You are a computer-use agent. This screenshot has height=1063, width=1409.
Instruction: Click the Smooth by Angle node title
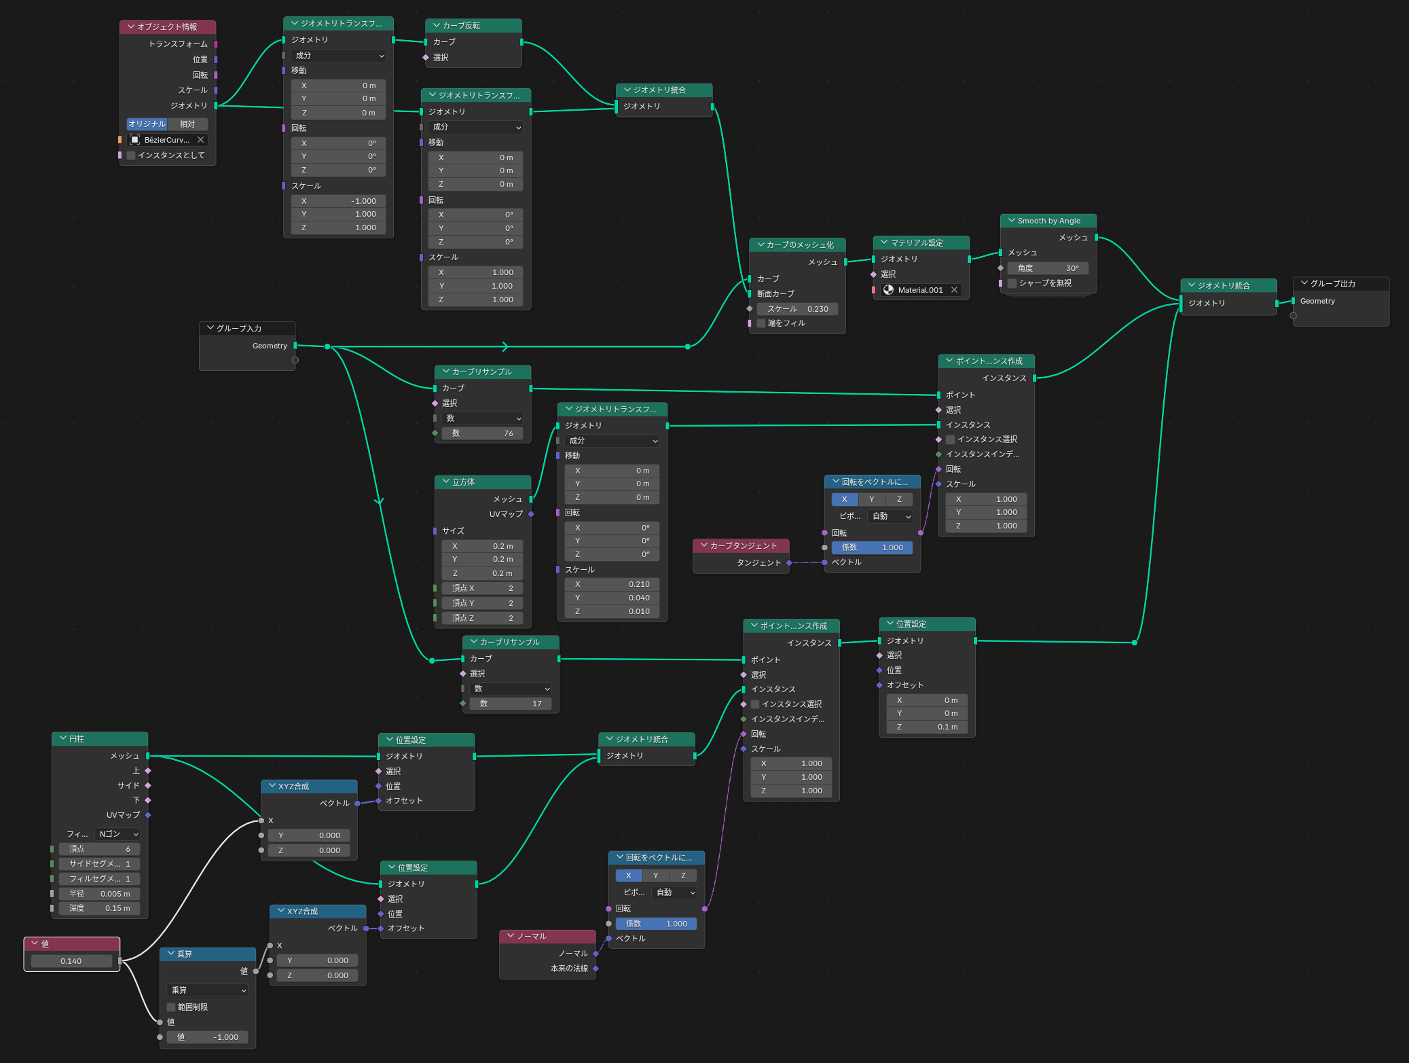tap(1048, 221)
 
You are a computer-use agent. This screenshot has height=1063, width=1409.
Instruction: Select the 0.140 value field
tap(71, 961)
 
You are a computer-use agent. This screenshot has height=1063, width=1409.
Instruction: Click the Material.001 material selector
tap(921, 290)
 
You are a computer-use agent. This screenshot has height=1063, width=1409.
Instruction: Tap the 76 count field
tap(482, 433)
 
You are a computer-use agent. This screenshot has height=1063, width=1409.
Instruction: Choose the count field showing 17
tap(510, 704)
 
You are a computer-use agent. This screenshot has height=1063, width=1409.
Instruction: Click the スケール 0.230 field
tap(797, 309)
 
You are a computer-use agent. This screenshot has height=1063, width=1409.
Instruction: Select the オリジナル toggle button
tap(147, 124)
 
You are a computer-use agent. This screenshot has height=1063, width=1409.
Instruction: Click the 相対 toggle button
tap(187, 124)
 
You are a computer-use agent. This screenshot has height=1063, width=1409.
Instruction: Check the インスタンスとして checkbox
tap(131, 156)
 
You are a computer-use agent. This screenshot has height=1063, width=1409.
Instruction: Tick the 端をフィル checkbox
tap(761, 323)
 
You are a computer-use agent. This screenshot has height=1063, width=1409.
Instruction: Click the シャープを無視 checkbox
tap(1012, 283)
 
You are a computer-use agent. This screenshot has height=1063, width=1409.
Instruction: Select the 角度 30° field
tap(1048, 268)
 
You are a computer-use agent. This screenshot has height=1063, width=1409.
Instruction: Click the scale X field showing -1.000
tap(338, 201)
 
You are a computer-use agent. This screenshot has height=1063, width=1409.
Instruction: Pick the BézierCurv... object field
tap(167, 140)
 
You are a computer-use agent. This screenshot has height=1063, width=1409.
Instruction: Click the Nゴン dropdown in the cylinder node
tap(118, 834)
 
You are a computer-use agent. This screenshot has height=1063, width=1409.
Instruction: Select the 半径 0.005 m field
tap(99, 894)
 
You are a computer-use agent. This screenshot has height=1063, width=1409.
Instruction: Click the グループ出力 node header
tap(1340, 284)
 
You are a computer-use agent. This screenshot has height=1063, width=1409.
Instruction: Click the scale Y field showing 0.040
tap(612, 598)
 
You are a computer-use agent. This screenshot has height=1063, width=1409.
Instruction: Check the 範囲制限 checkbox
tap(171, 1007)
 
